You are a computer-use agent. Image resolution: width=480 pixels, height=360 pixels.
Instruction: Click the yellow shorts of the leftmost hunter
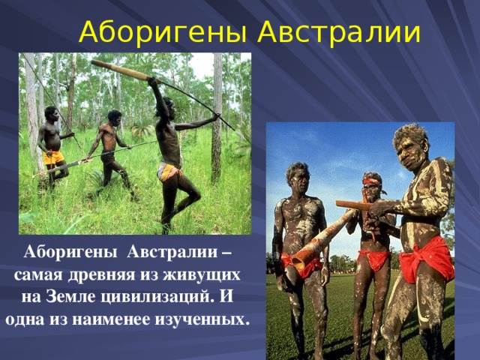(x=52, y=158)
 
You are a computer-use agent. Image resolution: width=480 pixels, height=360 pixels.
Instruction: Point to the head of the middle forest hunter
(x=114, y=117)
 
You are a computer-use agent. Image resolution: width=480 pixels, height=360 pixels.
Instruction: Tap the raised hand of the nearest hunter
(x=152, y=81)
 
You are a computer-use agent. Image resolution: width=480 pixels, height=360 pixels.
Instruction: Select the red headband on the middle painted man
(x=371, y=181)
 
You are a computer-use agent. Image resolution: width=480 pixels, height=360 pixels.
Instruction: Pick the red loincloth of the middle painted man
(x=373, y=259)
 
